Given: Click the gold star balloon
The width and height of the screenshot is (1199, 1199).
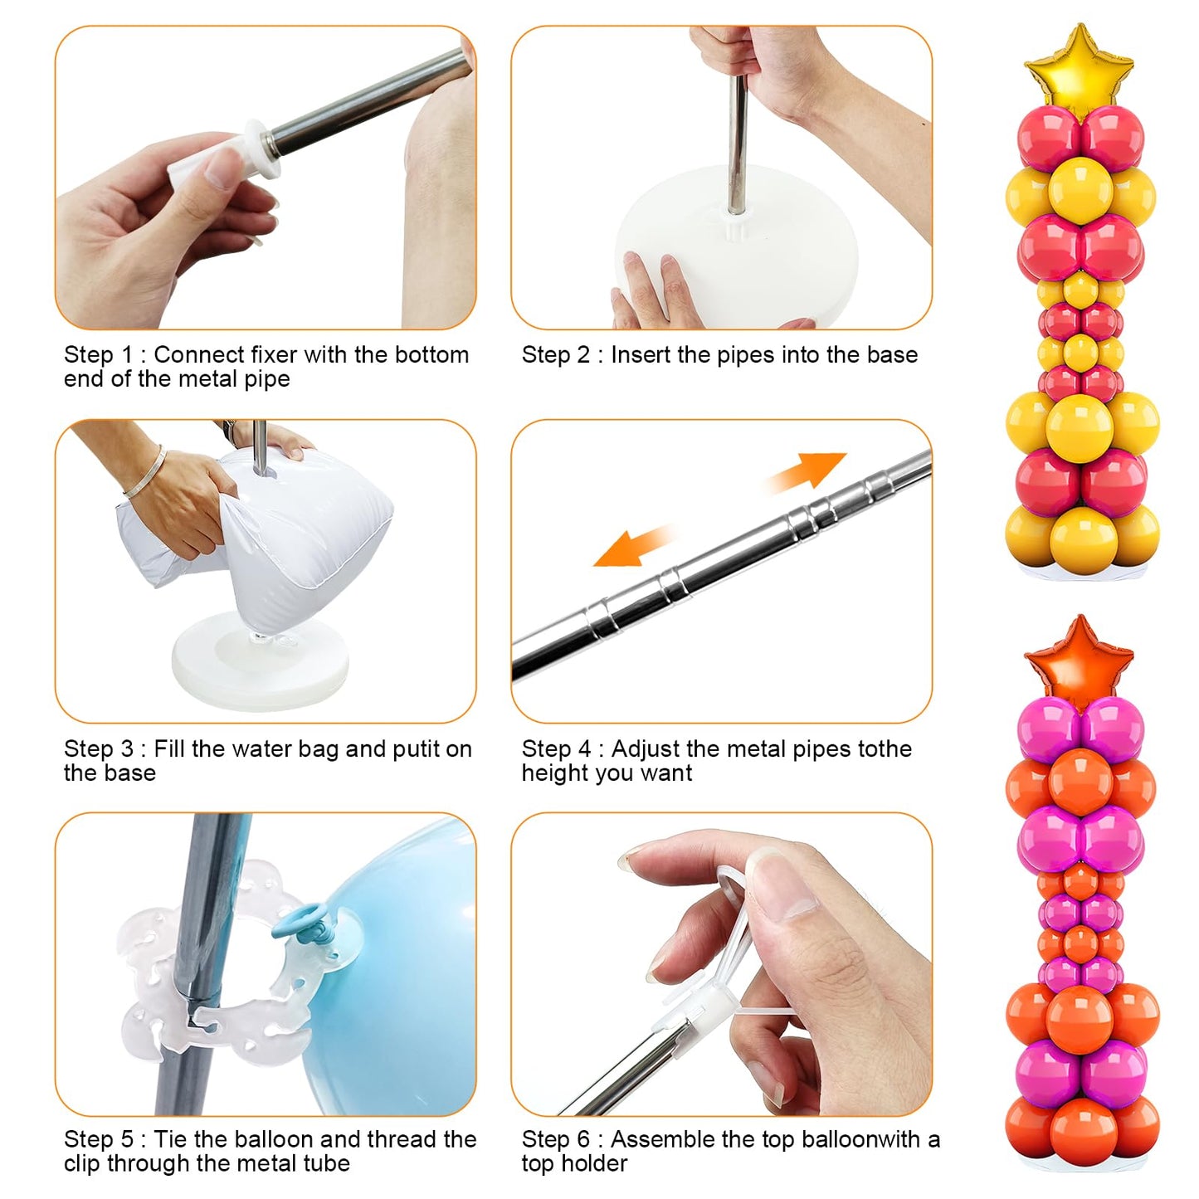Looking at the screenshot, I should click(x=1079, y=66).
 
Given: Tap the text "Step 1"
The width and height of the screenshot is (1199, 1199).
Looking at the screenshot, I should click(x=98, y=355).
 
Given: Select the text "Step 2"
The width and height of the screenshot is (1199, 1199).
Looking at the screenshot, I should click(x=555, y=355).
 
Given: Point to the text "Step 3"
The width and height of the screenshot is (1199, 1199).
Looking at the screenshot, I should click(x=98, y=749).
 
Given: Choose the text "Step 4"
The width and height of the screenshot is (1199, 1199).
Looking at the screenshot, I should click(x=555, y=749).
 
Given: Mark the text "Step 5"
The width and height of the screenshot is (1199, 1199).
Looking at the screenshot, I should click(x=98, y=1139).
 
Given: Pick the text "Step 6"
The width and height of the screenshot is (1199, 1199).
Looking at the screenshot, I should click(x=555, y=1139).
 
